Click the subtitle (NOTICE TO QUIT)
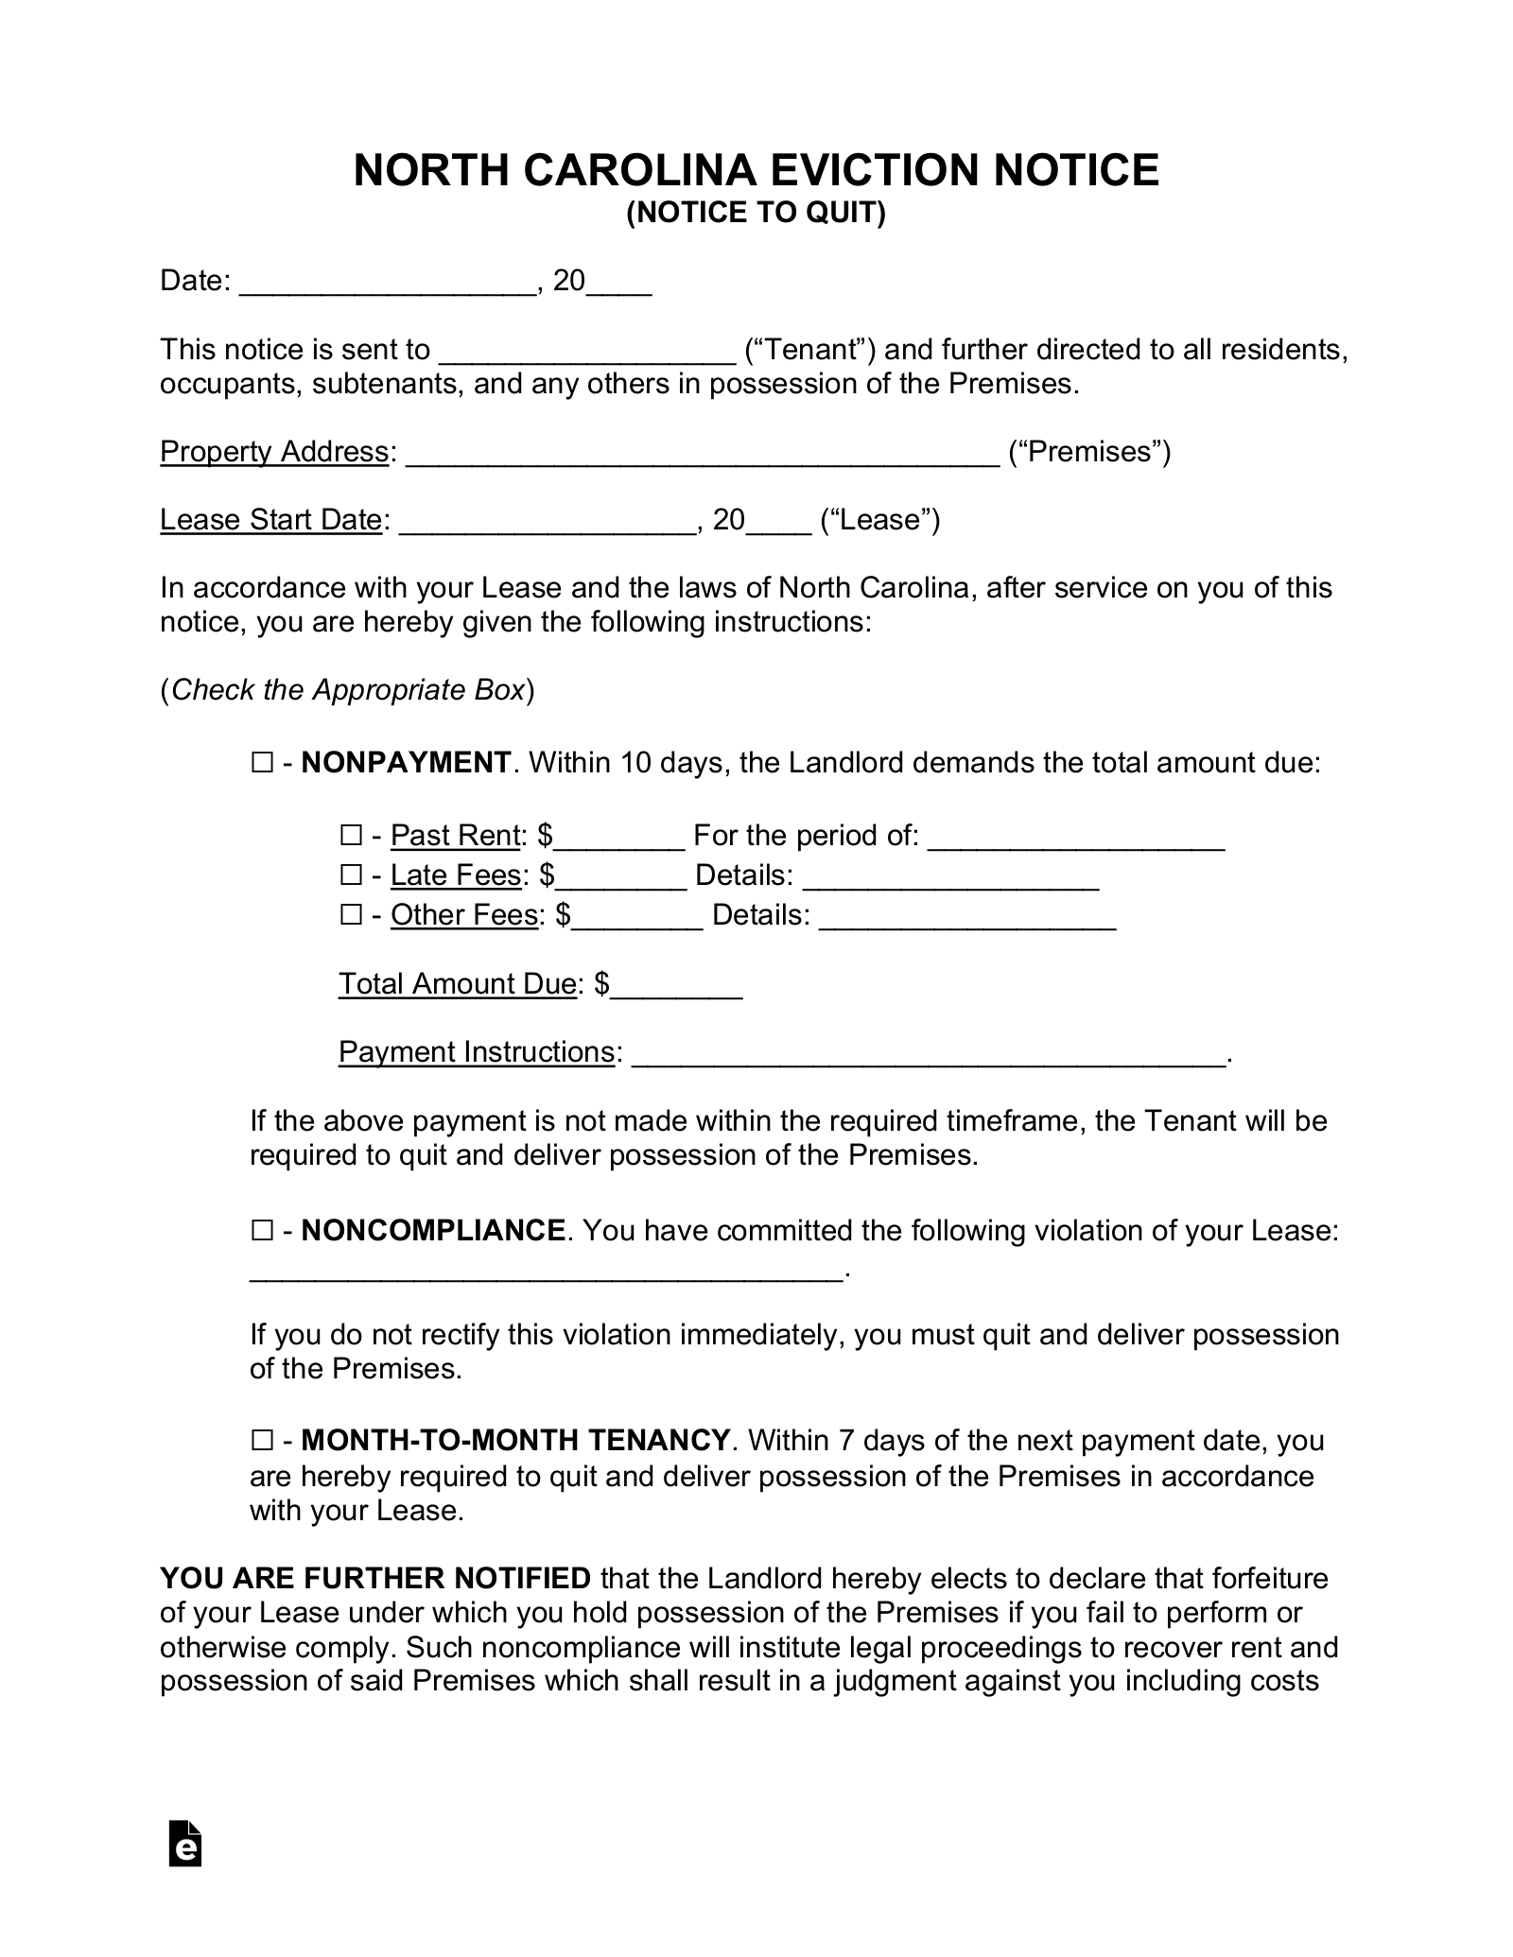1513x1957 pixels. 756,215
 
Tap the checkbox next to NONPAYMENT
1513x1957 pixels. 262,763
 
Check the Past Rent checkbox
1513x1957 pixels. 351,836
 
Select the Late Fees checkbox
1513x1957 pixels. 351,875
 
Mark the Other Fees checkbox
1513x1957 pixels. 351,915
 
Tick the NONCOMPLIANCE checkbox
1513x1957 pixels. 262,1231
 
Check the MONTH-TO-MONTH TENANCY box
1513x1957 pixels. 262,1441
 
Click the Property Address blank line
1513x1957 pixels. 702,456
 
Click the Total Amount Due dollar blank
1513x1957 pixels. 676,988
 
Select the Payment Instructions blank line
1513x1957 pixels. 927,1056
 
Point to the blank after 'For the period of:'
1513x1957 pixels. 1076,840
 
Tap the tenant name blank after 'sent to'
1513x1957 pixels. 588,354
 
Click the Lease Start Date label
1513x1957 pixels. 270,520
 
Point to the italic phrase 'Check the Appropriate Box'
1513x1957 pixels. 348,690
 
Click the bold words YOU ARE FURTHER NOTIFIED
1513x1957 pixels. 375,1579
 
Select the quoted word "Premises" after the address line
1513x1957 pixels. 1089,452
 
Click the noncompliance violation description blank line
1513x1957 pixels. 546,1273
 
